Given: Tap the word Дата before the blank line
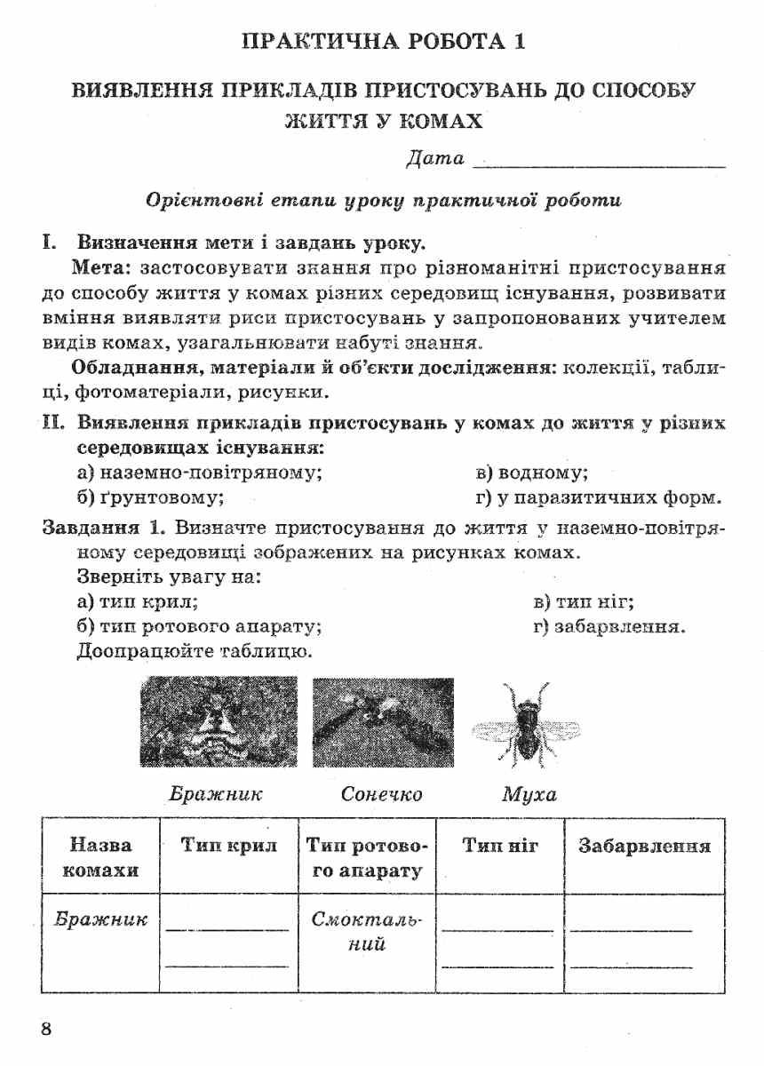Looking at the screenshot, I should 434,160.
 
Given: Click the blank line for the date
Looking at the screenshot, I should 600,164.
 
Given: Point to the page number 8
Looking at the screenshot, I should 48,1029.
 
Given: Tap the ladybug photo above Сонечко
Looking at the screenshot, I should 383,721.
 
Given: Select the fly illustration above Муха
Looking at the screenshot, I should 526,723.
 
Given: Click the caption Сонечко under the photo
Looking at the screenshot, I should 381,793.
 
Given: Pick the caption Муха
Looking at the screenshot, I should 529,793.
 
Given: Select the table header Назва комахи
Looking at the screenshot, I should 100,857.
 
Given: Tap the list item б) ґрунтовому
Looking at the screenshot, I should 150,497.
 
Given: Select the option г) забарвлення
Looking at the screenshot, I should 609,626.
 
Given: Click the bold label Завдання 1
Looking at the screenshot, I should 104,529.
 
